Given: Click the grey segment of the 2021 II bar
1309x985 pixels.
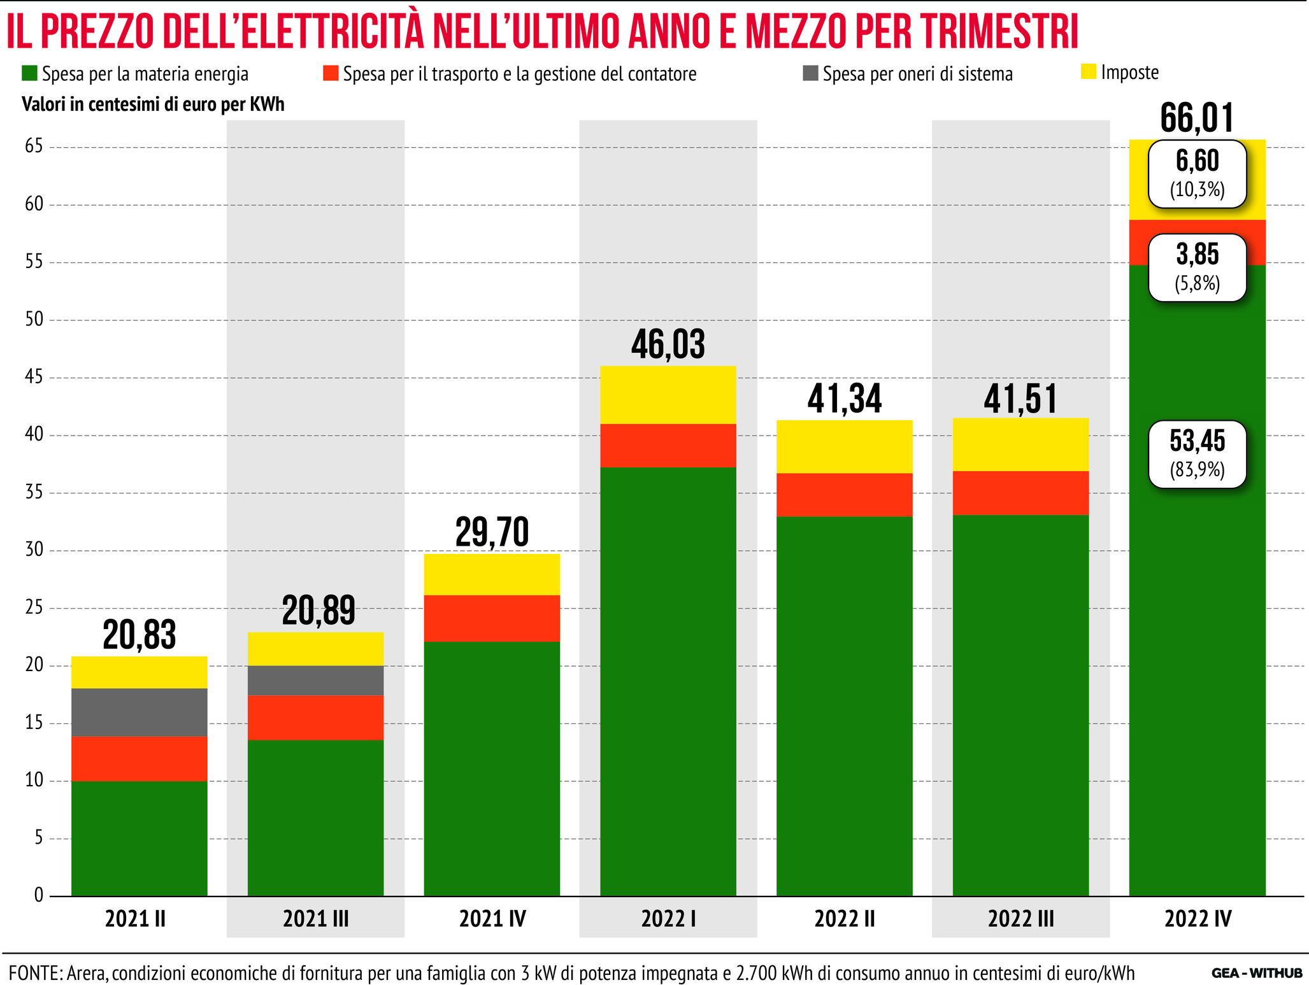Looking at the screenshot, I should (x=139, y=712).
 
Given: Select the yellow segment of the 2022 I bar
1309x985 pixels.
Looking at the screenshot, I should (x=668, y=395).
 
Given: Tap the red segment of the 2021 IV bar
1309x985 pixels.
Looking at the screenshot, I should (x=492, y=618).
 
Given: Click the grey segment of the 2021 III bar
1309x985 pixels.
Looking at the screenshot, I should (x=315, y=680).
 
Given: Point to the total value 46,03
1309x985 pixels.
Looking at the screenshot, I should (x=668, y=344).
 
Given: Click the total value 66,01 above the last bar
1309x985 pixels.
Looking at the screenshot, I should (x=1197, y=118).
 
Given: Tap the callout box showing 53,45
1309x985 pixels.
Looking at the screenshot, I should (x=1197, y=454).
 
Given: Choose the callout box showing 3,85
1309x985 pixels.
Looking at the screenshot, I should (x=1197, y=267).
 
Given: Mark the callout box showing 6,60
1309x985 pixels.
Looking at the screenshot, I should (x=1197, y=174).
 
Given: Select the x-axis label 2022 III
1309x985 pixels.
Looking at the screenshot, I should (x=1020, y=919).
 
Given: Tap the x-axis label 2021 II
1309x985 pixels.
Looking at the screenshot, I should (x=135, y=919).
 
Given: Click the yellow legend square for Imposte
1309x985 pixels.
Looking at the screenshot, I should (x=1089, y=72).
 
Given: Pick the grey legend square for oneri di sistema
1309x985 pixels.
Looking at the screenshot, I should (x=810, y=73).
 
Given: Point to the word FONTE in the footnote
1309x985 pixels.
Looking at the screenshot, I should (x=33, y=973).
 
